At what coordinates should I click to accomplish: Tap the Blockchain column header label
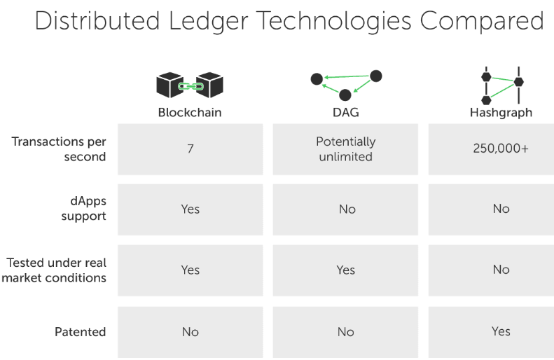coord(190,112)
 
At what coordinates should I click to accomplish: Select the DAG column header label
coord(346,112)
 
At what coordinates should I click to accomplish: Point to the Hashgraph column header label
coord(501,112)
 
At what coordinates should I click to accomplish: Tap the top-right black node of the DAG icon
coord(375,76)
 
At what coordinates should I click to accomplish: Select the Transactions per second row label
coord(59,149)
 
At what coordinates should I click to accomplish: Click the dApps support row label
coord(83,209)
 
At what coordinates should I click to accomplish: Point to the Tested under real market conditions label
coord(57,270)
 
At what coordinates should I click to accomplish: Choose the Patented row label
coord(81,331)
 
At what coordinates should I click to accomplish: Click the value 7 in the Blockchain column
coord(191,149)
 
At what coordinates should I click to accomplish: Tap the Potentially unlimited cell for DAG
coord(346,149)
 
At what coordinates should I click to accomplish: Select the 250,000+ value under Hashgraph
coord(501,148)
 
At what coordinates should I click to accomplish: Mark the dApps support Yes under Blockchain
coord(191,209)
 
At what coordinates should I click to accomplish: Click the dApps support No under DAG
coord(347,209)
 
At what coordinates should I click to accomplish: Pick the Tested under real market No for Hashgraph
coord(501,270)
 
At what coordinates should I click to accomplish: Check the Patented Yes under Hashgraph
coord(501,331)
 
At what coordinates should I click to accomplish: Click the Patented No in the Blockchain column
coord(191,332)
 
